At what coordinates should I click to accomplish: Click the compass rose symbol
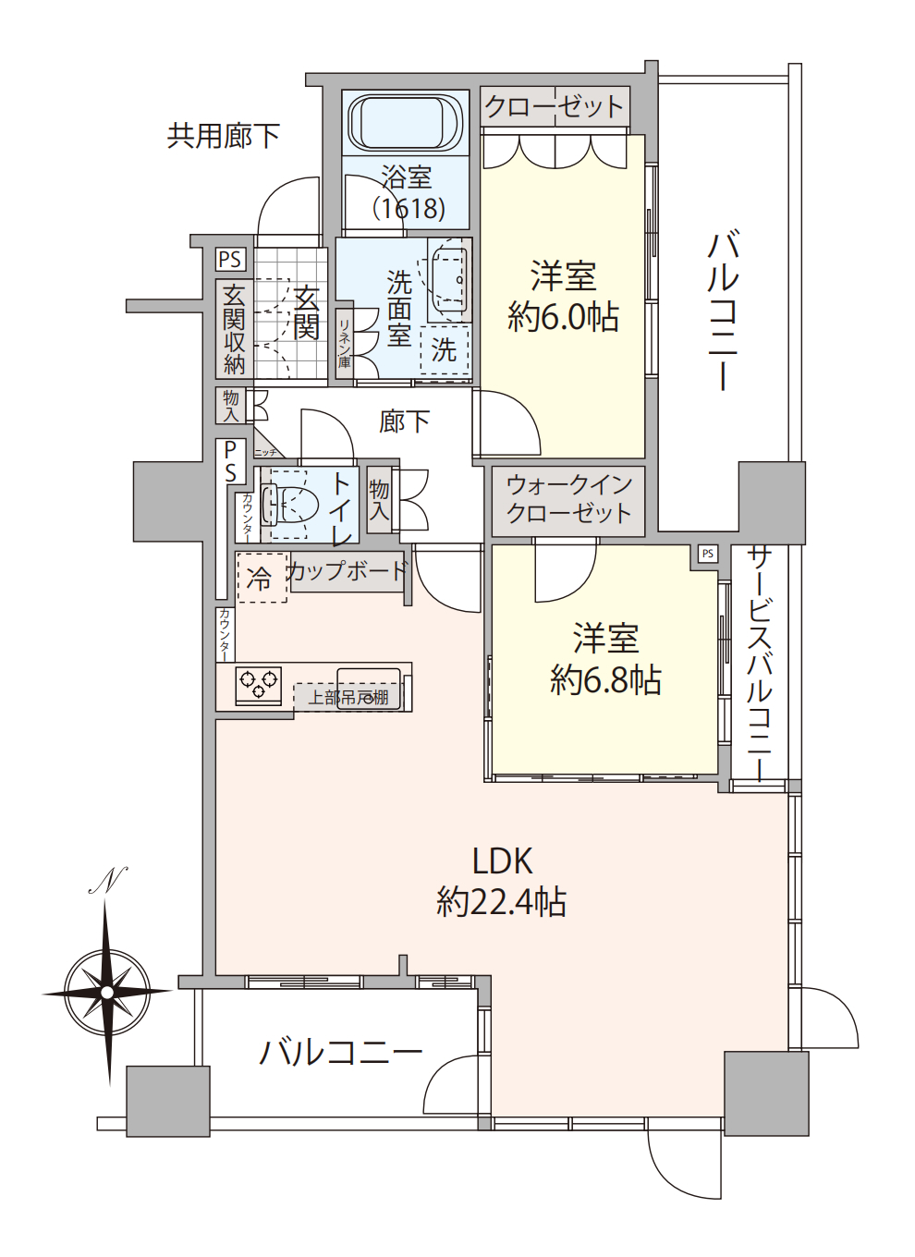coord(108,992)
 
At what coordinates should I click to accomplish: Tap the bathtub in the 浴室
coord(406,122)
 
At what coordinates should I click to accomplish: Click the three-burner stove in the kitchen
coord(259,685)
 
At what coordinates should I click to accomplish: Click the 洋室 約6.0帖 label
coord(563,297)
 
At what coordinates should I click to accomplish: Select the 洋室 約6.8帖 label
coord(605,659)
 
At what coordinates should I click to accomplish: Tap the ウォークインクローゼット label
coord(568,499)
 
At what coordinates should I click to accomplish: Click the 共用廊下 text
coord(224,136)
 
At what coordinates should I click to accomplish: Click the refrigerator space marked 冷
coord(262,579)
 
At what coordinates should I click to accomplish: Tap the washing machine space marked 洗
coord(445,350)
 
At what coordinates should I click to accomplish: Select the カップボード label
coord(347,571)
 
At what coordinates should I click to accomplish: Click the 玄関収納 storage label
coord(234,329)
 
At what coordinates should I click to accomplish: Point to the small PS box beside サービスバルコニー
coord(707,554)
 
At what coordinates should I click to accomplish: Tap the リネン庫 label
coord(344,343)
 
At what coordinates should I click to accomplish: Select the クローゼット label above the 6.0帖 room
coord(555,107)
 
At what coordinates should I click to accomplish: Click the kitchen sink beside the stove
coord(368,687)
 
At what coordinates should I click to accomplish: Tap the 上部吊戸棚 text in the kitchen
coord(348,698)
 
